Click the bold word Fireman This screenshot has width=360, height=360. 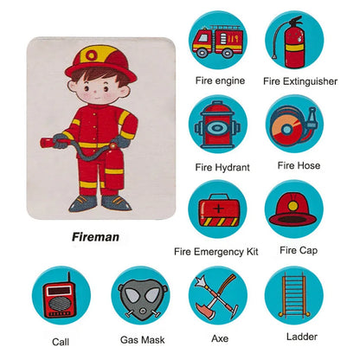tap(95, 237)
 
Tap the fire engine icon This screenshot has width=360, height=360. tap(217, 42)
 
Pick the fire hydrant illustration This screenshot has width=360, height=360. tap(217, 125)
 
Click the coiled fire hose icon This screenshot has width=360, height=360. tap(292, 125)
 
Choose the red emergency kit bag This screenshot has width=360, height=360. tap(219, 209)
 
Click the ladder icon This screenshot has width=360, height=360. tap(294, 295)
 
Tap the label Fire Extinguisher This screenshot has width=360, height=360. tap(300, 81)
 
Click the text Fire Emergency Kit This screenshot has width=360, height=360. tap(216, 252)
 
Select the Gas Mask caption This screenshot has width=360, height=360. tap(143, 340)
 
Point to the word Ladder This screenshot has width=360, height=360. tap(302, 337)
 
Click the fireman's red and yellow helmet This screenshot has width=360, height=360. tap(100, 64)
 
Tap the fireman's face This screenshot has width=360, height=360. tap(97, 89)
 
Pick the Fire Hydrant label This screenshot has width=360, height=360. tap(222, 168)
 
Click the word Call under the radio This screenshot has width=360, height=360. tap(61, 342)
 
